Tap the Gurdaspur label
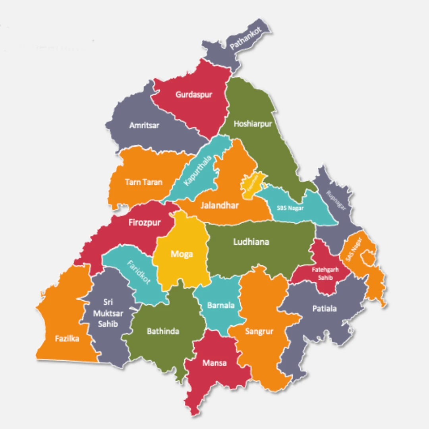pyautogui.click(x=194, y=95)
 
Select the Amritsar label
pyautogui.click(x=144, y=125)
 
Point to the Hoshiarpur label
pyautogui.click(x=253, y=124)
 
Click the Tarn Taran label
pyautogui.click(x=144, y=182)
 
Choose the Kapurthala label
pyautogui.click(x=198, y=170)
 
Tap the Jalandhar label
pyautogui.click(x=220, y=205)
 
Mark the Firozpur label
pyautogui.click(x=145, y=222)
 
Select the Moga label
pyautogui.click(x=182, y=254)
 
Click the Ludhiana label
pyautogui.click(x=251, y=242)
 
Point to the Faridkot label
pyautogui.click(x=139, y=272)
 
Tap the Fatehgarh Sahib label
pyautogui.click(x=325, y=273)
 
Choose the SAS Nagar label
pyautogui.click(x=354, y=249)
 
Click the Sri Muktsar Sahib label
pyautogui.click(x=108, y=313)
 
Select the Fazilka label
pyautogui.click(x=67, y=339)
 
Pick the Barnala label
pyautogui.click(x=221, y=305)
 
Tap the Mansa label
pyautogui.click(x=214, y=363)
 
